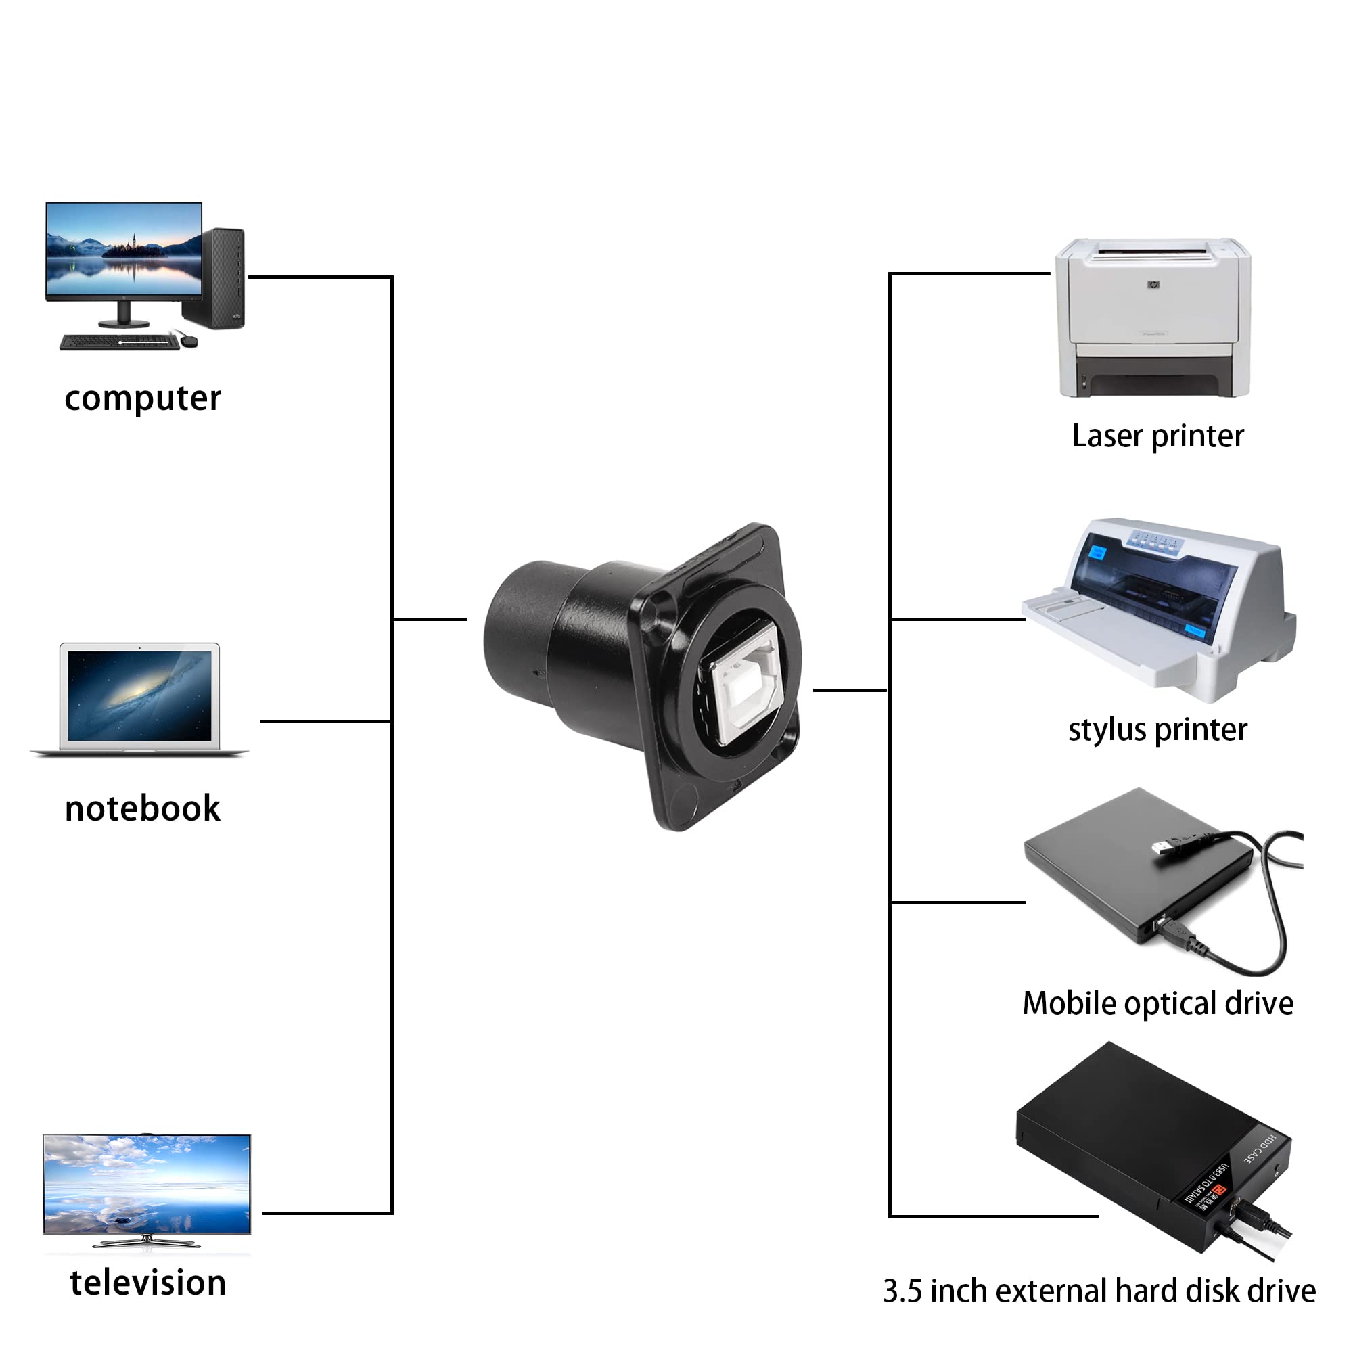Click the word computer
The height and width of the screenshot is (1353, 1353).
click(143, 399)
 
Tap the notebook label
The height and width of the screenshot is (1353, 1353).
click(142, 809)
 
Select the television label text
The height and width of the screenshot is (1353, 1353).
click(147, 1283)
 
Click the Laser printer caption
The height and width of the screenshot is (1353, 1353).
click(1157, 436)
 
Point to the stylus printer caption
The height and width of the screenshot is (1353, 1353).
click(1157, 730)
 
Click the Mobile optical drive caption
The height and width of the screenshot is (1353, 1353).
click(1157, 1003)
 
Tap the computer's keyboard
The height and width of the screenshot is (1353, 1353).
click(119, 342)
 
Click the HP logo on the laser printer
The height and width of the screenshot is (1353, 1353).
click(1153, 285)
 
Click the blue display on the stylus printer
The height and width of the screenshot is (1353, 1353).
click(1097, 553)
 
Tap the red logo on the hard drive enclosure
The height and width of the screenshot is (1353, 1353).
click(1218, 1191)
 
